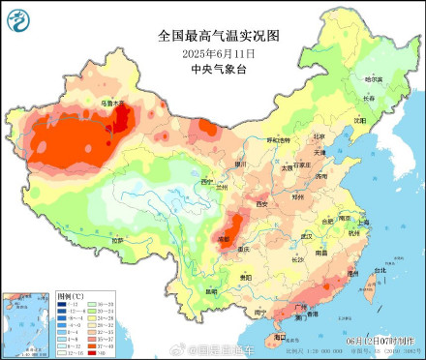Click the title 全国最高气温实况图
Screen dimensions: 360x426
coord(218,36)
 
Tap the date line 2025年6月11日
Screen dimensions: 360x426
coord(218,52)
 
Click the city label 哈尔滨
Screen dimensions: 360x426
coord(372,78)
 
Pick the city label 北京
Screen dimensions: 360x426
coord(319,136)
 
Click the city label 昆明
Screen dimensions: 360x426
coord(211,291)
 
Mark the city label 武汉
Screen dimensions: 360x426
coord(308,235)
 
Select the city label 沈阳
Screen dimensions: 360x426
coord(359,121)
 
